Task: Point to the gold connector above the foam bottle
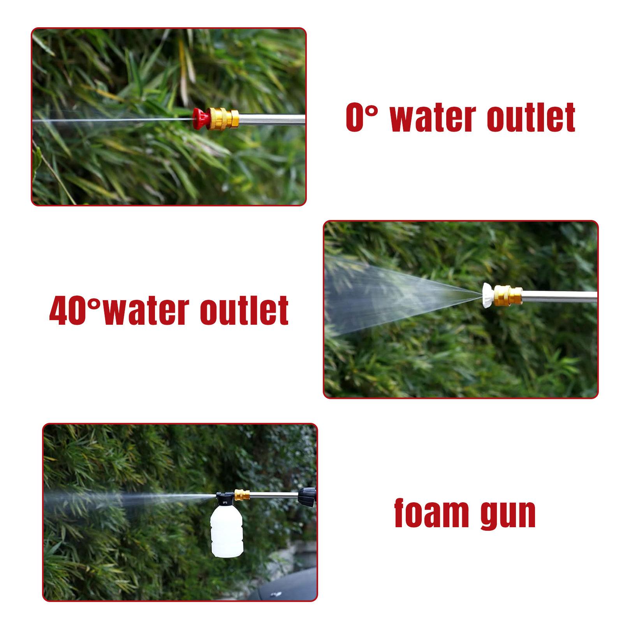tap(242, 496)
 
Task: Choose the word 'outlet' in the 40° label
tap(245, 310)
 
